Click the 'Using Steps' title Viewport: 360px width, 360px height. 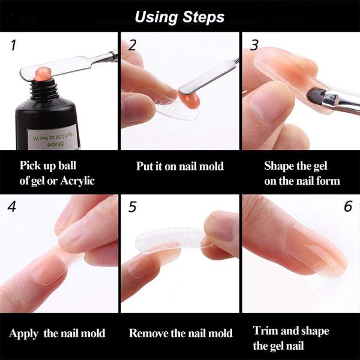[x=179, y=16]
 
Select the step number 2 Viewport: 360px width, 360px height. [x=133, y=45]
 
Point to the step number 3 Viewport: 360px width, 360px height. [x=254, y=45]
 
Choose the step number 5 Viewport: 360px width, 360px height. [x=133, y=207]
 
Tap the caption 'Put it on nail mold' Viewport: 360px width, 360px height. [x=179, y=166]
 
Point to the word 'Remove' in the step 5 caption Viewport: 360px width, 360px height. [x=148, y=333]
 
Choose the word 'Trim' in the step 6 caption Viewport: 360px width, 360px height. [x=265, y=331]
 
